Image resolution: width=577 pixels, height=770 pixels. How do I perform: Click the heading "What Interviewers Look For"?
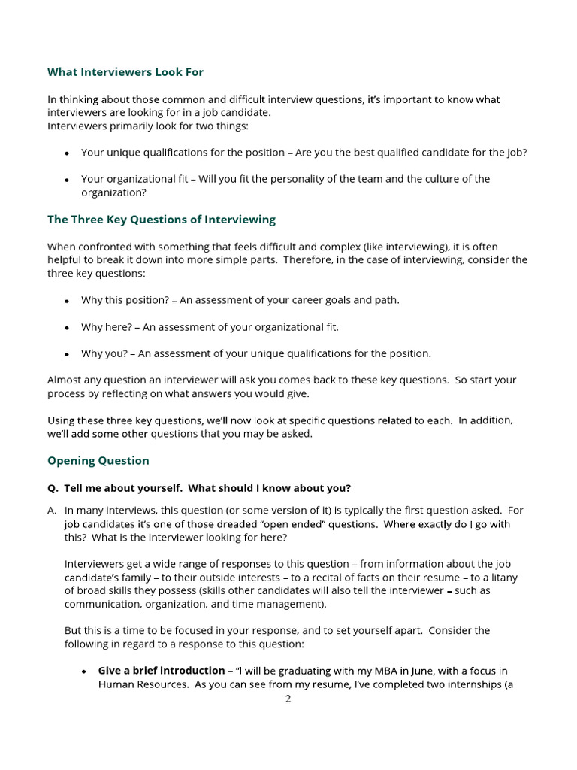point(125,72)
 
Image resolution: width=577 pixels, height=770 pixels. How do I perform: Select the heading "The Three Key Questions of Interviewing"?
point(161,220)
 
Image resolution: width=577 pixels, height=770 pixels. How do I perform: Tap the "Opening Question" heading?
point(98,460)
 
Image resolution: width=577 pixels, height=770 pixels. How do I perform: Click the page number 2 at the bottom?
point(288,699)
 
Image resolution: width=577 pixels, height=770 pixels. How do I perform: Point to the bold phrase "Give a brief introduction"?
point(161,670)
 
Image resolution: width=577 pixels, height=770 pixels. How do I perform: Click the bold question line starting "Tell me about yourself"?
point(207,487)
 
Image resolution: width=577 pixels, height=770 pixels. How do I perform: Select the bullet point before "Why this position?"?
point(67,301)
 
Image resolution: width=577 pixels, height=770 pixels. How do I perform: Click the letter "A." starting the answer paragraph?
point(52,510)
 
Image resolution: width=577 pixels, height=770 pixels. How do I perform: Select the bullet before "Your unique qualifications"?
point(67,153)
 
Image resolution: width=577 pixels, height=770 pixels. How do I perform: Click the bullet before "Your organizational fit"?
point(67,180)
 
